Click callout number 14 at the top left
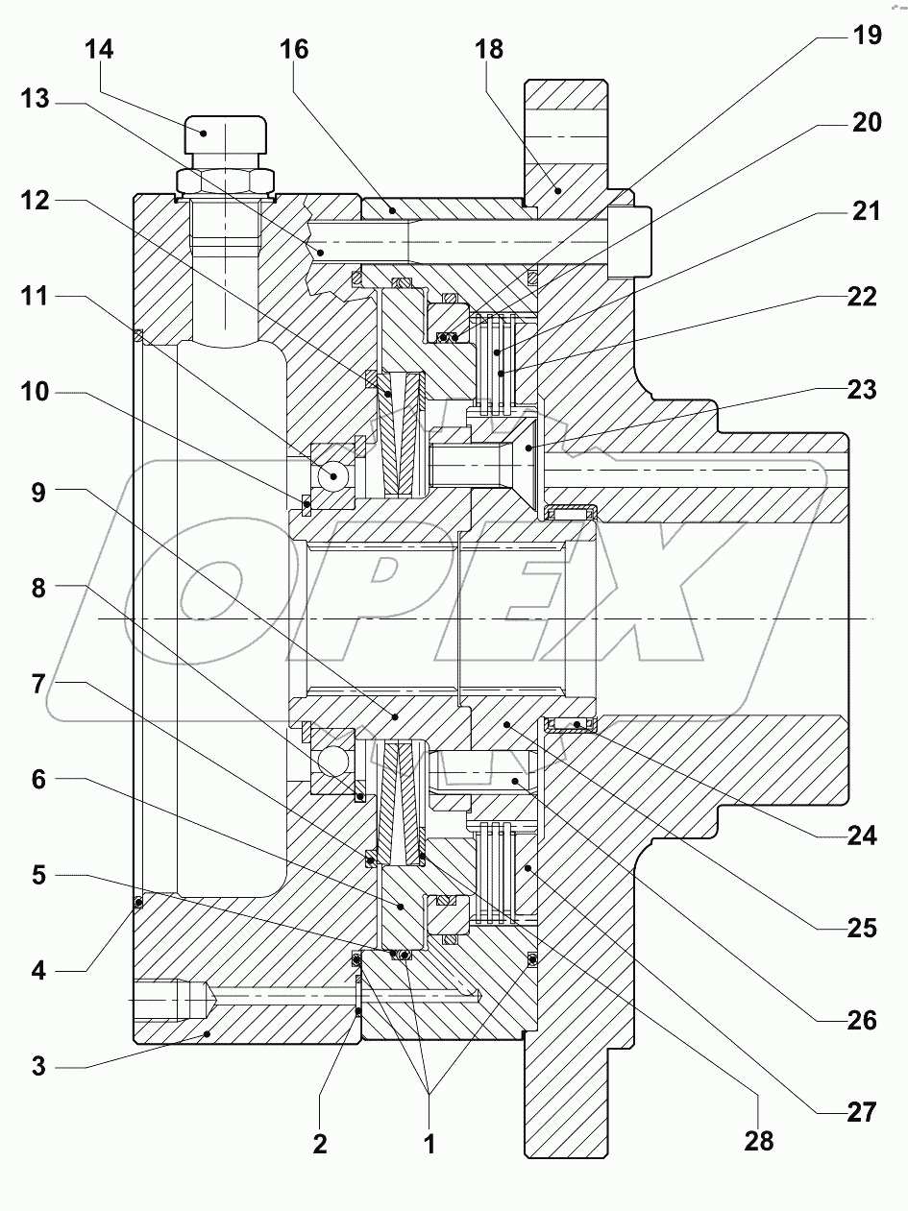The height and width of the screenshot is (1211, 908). (x=99, y=49)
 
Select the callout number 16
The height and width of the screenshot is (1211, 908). (x=295, y=49)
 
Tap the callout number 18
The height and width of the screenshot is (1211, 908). (x=489, y=49)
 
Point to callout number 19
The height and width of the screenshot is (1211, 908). (x=866, y=36)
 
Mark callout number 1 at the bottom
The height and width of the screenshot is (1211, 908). (x=429, y=1143)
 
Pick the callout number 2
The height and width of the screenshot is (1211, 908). (x=320, y=1143)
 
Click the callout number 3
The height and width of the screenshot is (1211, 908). (x=38, y=1066)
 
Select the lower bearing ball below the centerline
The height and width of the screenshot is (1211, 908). (x=334, y=762)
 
